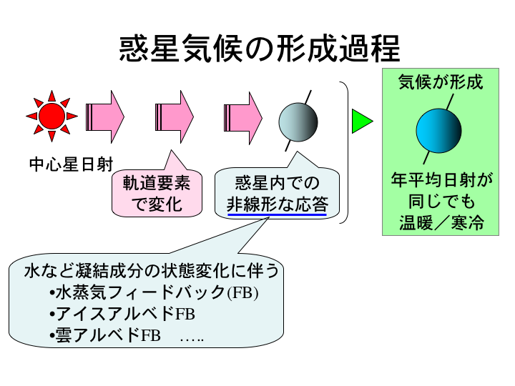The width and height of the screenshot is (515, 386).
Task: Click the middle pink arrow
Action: coord(175,114)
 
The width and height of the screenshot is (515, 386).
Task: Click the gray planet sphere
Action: coord(298,120)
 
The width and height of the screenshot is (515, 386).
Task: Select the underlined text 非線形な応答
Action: coord(278,203)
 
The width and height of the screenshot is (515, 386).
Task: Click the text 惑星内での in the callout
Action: coord(278,183)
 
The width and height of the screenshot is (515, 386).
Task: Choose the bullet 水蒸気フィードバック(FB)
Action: coord(154,293)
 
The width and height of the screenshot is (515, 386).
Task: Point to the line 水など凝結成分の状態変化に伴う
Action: coord(151,272)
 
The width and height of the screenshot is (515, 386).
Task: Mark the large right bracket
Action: coord(344,152)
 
